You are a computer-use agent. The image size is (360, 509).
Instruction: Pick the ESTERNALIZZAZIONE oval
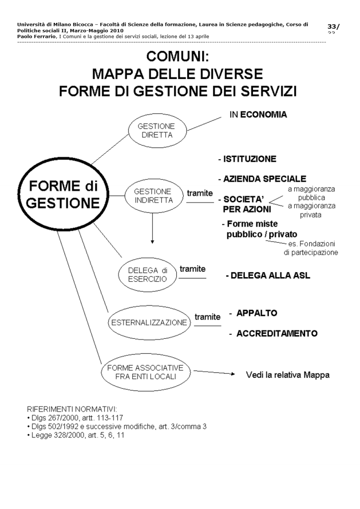click(x=149, y=322)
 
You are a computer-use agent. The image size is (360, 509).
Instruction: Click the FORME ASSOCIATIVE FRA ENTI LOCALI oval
click(x=149, y=372)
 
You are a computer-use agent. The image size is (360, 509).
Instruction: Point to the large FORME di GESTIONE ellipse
click(x=62, y=195)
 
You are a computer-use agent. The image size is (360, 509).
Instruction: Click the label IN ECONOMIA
click(x=258, y=114)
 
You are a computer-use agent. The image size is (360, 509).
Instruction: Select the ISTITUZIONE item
click(x=247, y=159)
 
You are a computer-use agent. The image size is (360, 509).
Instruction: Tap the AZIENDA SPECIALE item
click(x=262, y=179)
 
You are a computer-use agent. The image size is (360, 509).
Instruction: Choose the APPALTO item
click(x=256, y=313)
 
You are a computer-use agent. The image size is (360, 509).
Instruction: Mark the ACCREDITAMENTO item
click(x=276, y=333)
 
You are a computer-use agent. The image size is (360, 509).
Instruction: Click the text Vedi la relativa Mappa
click(x=287, y=375)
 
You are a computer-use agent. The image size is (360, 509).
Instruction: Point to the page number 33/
click(x=333, y=26)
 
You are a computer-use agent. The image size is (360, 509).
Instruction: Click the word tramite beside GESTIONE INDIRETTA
click(x=199, y=193)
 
